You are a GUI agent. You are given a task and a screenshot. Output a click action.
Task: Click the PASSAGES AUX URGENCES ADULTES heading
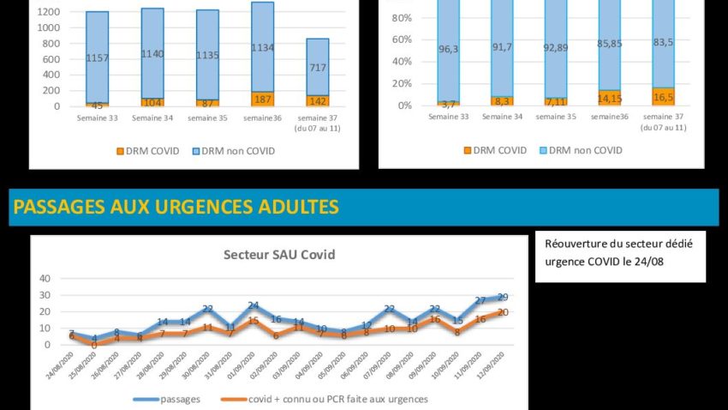pyautogui.click(x=176, y=207)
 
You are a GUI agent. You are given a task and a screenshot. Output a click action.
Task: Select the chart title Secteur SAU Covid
pyautogui.click(x=279, y=254)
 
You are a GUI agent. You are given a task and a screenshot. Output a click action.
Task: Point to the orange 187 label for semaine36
pyautogui.click(x=262, y=99)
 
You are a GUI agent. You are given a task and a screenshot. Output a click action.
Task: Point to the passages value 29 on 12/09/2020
pyautogui.click(x=503, y=297)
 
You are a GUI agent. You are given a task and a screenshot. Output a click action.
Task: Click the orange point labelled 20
pyautogui.click(x=503, y=312)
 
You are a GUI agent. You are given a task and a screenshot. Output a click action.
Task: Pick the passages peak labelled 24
pyautogui.click(x=254, y=305)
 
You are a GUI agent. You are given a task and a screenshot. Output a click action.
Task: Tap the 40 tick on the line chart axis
pyautogui.click(x=45, y=278)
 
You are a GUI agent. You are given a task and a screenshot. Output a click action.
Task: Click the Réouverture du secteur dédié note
pyautogui.click(x=619, y=252)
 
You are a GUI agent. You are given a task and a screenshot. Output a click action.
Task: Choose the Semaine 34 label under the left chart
pyautogui.click(x=152, y=117)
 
